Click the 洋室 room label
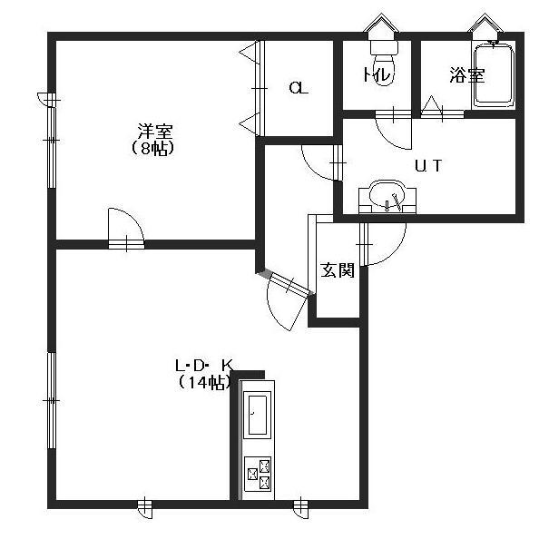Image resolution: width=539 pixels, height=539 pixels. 155,131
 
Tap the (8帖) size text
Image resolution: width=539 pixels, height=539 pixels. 152,148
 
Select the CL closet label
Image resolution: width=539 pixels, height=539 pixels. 299,88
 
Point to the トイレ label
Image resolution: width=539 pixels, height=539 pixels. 377,74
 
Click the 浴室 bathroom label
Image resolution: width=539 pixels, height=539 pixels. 467,75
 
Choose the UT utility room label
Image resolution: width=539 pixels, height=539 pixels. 428,166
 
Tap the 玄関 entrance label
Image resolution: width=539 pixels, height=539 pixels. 338,269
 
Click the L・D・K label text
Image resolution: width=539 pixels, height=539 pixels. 204,365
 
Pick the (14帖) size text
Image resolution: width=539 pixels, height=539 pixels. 203,382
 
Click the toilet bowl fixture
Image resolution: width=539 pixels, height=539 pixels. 384,61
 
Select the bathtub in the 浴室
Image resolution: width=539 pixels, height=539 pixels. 494,73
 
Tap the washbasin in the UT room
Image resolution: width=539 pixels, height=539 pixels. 387,197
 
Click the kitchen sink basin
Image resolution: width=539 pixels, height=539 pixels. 258,415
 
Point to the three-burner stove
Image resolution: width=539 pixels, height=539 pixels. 258,474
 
